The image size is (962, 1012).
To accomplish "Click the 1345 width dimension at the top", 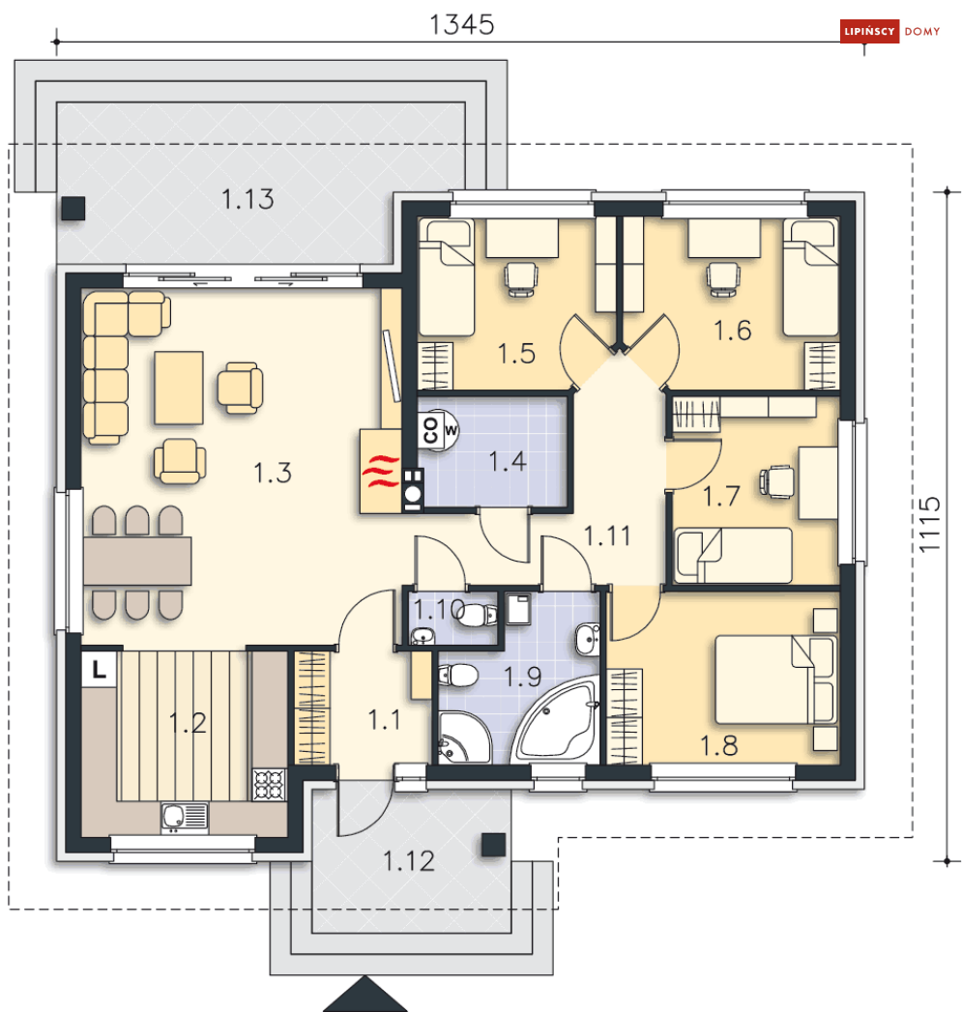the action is (461, 25).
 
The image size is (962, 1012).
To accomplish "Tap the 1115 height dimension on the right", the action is (929, 524).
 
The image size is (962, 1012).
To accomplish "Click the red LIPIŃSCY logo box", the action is (869, 31).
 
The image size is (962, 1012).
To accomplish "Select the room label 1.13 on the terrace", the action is (248, 199).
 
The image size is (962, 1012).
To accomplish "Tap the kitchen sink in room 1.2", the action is (184, 817).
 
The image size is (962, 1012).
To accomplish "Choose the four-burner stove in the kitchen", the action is (269, 784).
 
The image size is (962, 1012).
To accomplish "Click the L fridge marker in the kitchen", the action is (99, 669).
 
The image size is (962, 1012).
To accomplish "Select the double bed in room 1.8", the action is (775, 679).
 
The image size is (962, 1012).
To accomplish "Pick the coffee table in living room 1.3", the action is (179, 388).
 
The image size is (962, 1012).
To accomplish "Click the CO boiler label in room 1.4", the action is (430, 429).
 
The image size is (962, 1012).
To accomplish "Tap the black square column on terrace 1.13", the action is (73, 209).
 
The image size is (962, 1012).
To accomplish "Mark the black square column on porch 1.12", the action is (494, 845).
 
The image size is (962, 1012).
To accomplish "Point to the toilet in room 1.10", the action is (477, 615).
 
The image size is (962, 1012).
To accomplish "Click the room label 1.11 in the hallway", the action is (607, 535).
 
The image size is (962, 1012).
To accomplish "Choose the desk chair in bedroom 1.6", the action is (723, 278).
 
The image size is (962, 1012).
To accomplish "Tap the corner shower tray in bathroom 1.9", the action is (463, 737).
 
